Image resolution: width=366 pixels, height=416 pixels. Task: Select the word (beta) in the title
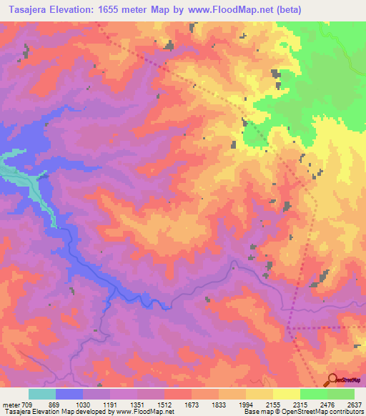pos(285,10)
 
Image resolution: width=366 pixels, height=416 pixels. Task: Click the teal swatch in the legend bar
pos(42,394)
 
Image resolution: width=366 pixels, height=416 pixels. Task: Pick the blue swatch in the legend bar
pos(69,394)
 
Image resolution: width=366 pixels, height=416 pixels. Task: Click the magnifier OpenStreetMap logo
pos(332,380)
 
